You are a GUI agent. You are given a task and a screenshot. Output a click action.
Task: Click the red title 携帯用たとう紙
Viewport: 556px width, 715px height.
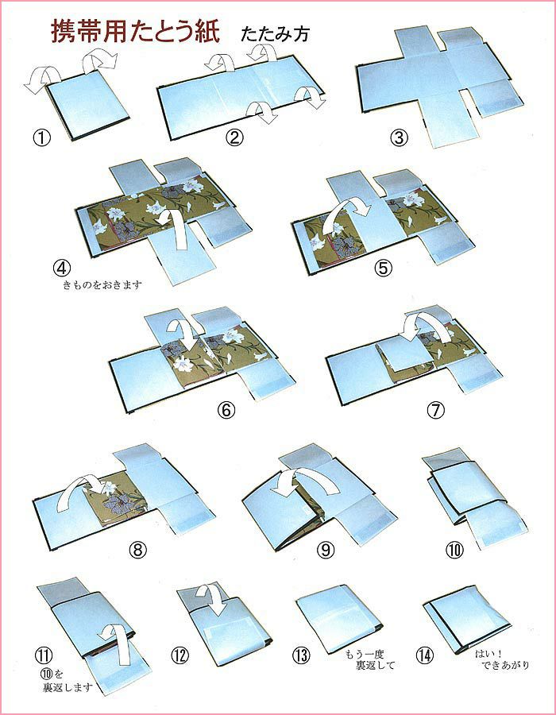pos(135,32)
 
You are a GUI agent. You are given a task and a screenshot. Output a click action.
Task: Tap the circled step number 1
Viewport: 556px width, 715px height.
pos(42,137)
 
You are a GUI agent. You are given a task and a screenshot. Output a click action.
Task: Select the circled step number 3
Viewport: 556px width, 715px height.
pos(399,137)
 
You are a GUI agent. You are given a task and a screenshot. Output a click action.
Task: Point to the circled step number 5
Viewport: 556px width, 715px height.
pos(384,269)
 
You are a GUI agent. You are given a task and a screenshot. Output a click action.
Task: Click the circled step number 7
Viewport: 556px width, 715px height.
pos(435,411)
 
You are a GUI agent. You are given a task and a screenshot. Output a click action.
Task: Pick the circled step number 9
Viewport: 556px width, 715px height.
pos(326,550)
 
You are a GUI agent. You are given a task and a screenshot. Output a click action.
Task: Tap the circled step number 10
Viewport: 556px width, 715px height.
pos(454,550)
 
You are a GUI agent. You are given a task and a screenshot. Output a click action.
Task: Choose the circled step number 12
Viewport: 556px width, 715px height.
pos(180,655)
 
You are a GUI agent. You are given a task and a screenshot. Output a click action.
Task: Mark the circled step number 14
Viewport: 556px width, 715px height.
pos(424,655)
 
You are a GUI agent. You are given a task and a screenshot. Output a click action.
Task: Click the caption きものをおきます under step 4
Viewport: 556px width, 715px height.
pos(102,286)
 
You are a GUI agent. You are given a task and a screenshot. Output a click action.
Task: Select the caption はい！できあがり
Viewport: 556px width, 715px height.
pos(502,659)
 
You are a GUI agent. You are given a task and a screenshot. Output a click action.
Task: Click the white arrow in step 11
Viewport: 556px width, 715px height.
pos(115,643)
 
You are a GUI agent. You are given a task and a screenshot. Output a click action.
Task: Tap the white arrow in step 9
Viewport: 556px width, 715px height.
pos(305,482)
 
